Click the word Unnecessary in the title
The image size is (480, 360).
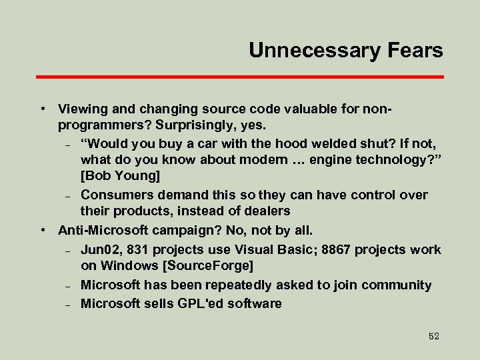(x=312, y=50)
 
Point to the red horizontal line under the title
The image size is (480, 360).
(x=239, y=77)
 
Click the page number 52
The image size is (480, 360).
(x=434, y=337)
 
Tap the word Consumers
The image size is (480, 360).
(x=115, y=195)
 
